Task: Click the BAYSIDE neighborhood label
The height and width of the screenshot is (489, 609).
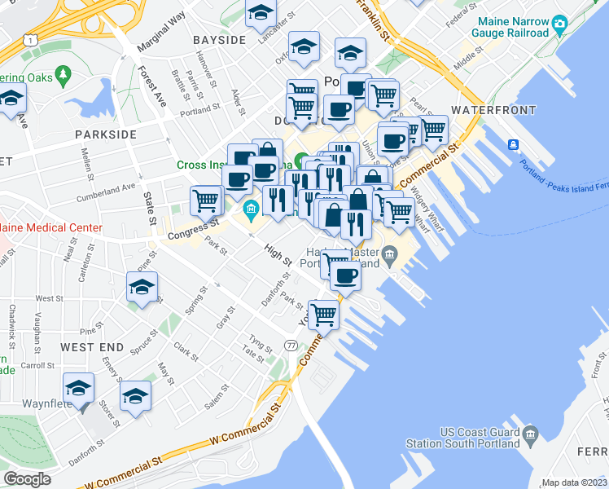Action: point(219,40)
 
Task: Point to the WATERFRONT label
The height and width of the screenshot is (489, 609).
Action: point(493,110)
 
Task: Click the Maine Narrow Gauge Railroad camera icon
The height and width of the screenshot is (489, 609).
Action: point(559,24)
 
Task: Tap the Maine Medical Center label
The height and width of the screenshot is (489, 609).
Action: point(50,228)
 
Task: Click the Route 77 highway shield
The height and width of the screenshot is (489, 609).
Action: point(291,346)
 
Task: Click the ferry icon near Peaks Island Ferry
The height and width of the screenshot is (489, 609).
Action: point(514,145)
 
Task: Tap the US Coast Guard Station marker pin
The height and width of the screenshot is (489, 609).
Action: point(531,431)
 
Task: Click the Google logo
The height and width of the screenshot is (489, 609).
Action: point(27,479)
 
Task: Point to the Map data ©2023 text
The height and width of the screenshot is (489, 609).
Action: point(574,482)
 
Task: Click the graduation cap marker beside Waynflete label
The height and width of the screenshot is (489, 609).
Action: point(79,389)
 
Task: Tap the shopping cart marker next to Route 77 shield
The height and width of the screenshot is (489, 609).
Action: point(323,314)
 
